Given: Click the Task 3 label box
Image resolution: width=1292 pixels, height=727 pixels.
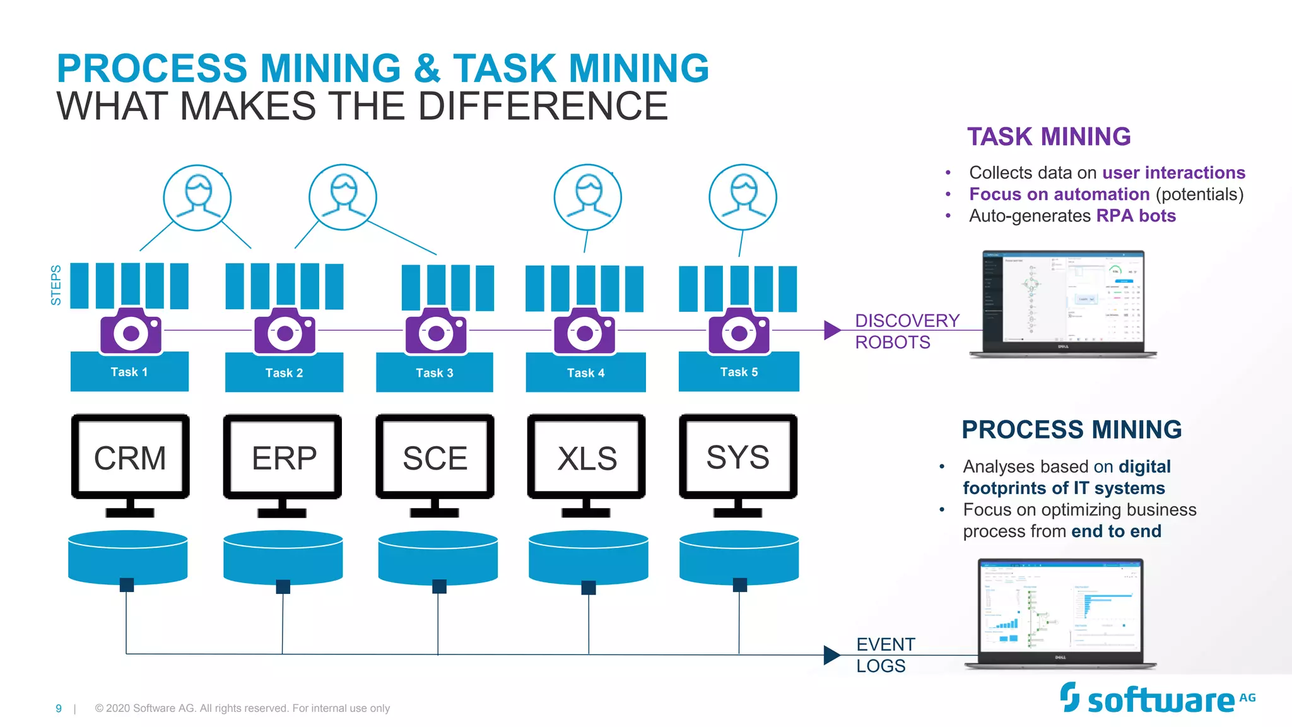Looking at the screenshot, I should tap(434, 373).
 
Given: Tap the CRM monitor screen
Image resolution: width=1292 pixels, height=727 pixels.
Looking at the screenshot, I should tap(130, 458).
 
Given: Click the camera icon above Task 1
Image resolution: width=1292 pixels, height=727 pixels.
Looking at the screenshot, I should tap(131, 331).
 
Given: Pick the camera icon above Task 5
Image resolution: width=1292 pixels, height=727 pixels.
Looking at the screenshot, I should tap(739, 331).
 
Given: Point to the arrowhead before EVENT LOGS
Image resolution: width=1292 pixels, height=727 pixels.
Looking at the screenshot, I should tap(831, 654).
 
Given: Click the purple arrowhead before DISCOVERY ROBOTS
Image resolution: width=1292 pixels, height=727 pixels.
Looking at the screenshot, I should tap(831, 330).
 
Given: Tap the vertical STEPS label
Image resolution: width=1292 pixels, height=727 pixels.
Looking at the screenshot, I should tap(56, 285).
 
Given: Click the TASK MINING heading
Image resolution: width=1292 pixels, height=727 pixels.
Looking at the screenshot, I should tap(1048, 137).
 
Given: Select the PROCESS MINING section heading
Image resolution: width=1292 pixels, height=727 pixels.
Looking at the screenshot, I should tap(1071, 430).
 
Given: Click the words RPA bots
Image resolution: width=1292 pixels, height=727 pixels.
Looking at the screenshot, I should tap(1136, 216).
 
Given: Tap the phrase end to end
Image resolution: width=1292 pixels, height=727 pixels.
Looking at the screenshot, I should tap(1116, 531).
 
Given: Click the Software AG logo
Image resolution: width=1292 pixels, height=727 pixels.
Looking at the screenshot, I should tap(1157, 699).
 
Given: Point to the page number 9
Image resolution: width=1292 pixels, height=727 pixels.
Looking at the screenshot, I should tap(59, 709).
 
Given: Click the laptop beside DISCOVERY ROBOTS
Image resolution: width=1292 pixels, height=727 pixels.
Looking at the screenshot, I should tap(1063, 303).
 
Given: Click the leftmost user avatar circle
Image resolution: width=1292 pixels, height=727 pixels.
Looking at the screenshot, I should tap(197, 198).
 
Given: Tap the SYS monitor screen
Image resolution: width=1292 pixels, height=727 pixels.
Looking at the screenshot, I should tap(738, 457).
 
